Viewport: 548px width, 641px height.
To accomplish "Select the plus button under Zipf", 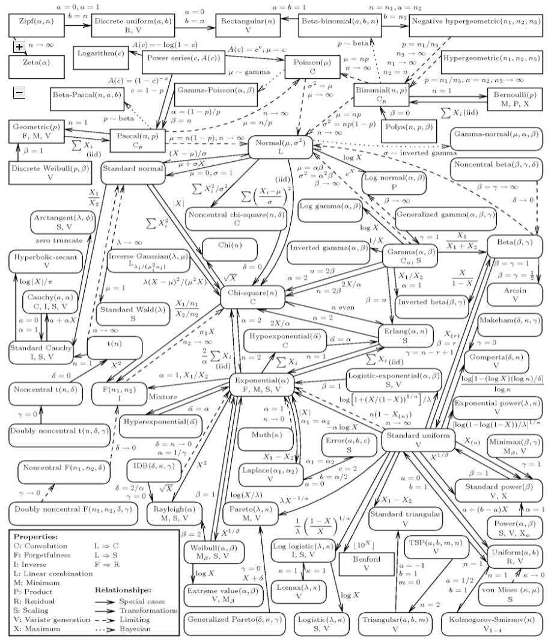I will click(x=19, y=47).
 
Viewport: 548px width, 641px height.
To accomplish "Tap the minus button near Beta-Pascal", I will click(x=19, y=92).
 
